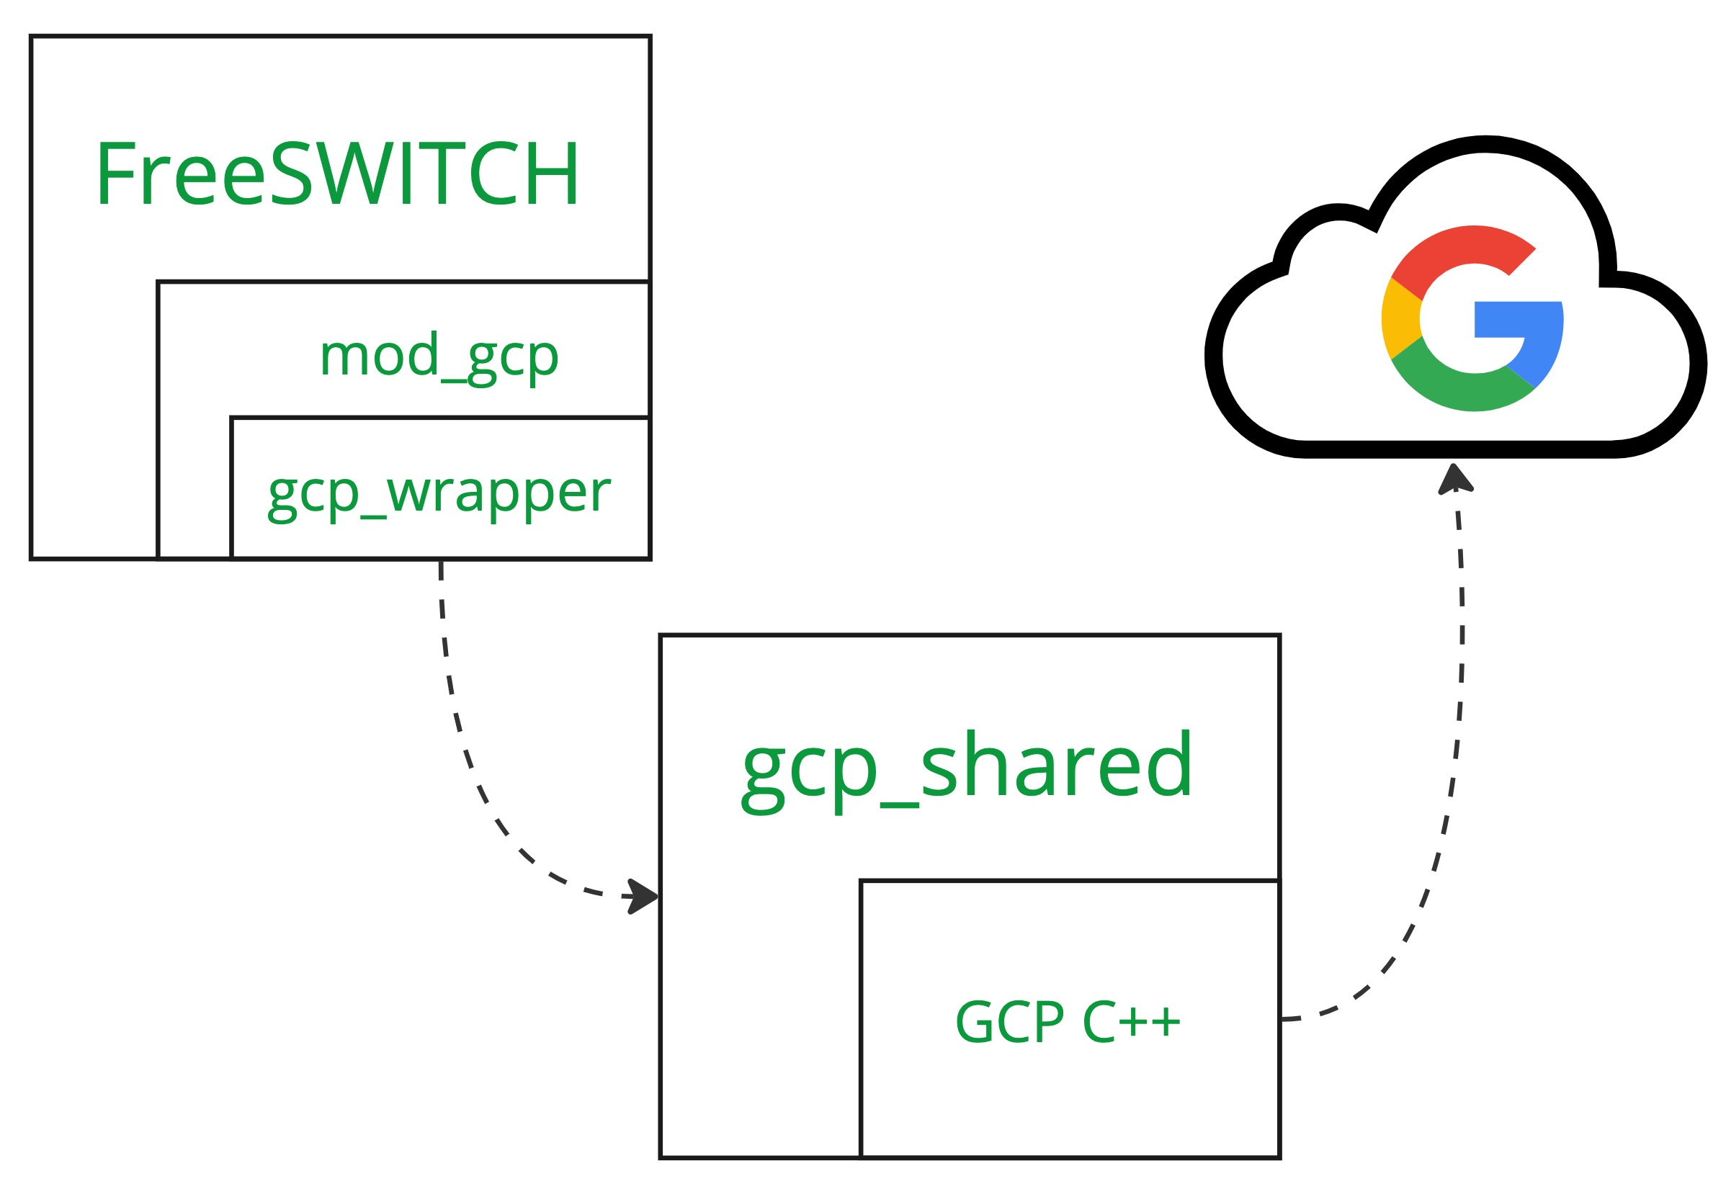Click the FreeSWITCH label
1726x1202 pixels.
(337, 174)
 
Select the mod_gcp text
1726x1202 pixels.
(439, 356)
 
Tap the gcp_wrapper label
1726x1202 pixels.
(439, 493)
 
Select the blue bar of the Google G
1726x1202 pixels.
(1526, 319)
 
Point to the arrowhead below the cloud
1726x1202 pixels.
(1455, 480)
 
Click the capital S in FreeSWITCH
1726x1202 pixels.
(290, 174)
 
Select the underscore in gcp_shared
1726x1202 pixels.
(898, 804)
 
